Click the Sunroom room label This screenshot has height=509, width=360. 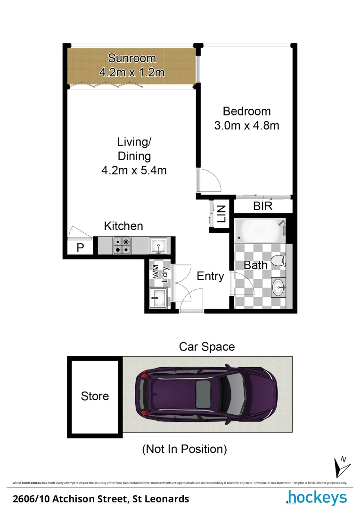pos(131,58)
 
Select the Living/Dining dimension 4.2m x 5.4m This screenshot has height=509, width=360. pos(134,171)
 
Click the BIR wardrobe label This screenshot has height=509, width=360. pos(262,206)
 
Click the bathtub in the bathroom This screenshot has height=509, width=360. pos(260,231)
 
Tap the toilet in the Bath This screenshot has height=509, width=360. pos(281,261)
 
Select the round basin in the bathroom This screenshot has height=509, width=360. pos(279,286)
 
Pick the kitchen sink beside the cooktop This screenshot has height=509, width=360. pos(157,246)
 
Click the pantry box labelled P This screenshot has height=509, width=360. pos(80,248)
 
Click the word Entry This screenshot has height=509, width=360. pos(210,276)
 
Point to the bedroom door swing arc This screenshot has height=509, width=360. pos(210,181)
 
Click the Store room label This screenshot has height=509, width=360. pos(95,396)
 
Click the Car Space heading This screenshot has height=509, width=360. pos(207,347)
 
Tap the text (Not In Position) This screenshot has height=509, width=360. pos(185,449)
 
